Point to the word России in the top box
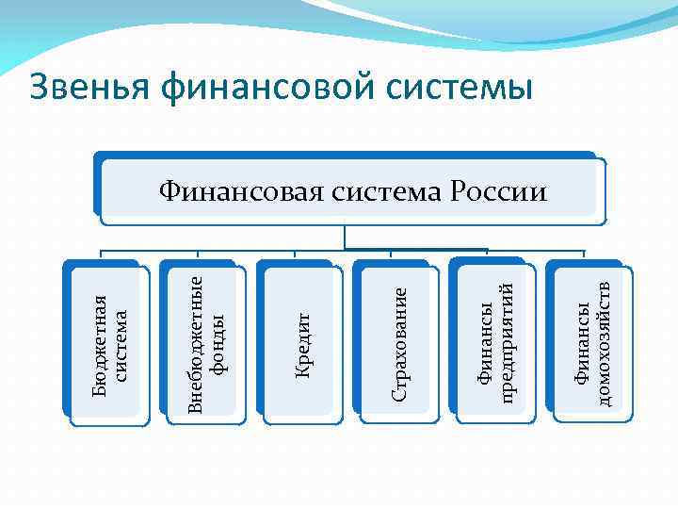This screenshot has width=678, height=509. coord(500,192)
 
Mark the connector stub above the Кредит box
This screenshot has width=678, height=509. coord(295,254)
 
